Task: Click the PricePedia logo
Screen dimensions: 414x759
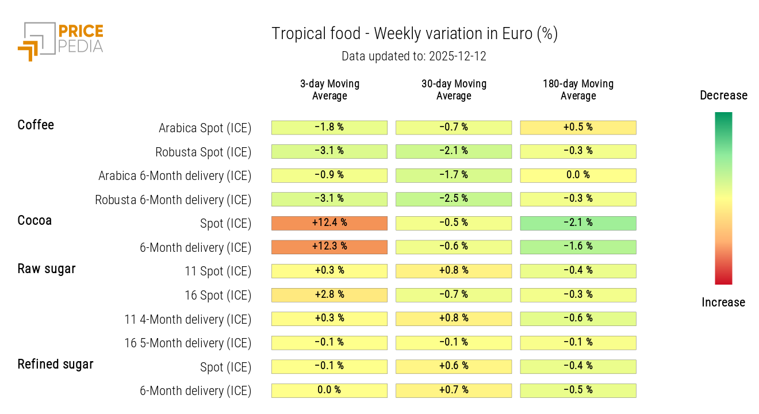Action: tap(60, 41)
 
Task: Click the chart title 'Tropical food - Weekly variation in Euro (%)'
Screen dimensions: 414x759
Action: tap(414, 34)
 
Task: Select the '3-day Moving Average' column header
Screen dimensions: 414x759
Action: tap(329, 90)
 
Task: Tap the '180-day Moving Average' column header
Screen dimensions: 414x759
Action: tap(578, 90)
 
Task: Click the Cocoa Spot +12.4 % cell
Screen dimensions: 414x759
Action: tap(329, 223)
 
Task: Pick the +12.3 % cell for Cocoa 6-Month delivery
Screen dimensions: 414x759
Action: tap(329, 247)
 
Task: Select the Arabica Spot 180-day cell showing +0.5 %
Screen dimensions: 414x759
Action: tap(578, 128)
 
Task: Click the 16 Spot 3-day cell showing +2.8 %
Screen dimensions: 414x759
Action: tap(329, 295)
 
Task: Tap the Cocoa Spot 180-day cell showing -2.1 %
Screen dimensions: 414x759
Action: tap(578, 223)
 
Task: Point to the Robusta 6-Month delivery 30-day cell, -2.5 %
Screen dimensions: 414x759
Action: tap(454, 199)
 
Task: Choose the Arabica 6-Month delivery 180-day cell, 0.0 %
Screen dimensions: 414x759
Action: tap(578, 175)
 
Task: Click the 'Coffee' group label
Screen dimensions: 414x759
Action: tap(36, 125)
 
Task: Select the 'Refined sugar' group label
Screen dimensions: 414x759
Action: tap(55, 364)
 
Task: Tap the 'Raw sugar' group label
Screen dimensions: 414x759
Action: tap(47, 269)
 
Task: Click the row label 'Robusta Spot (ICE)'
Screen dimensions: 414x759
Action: tap(203, 152)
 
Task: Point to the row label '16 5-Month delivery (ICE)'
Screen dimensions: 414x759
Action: tap(188, 343)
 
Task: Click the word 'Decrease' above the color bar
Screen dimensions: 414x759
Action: tap(723, 95)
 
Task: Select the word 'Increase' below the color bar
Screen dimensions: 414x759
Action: tap(723, 302)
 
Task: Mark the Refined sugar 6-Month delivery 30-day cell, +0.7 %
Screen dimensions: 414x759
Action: tap(454, 390)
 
